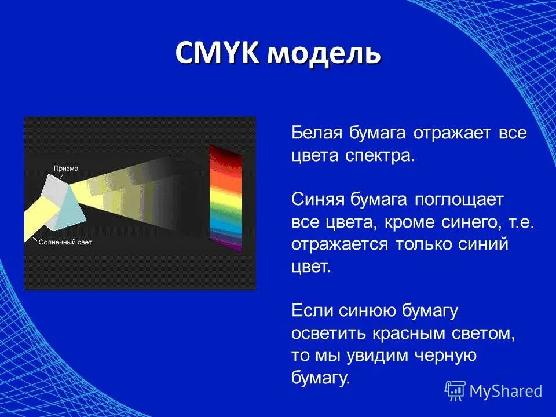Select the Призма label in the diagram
(x=66, y=169)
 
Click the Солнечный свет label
(x=65, y=242)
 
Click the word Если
(x=313, y=310)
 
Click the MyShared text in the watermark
(x=506, y=391)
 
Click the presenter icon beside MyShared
(x=455, y=391)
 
